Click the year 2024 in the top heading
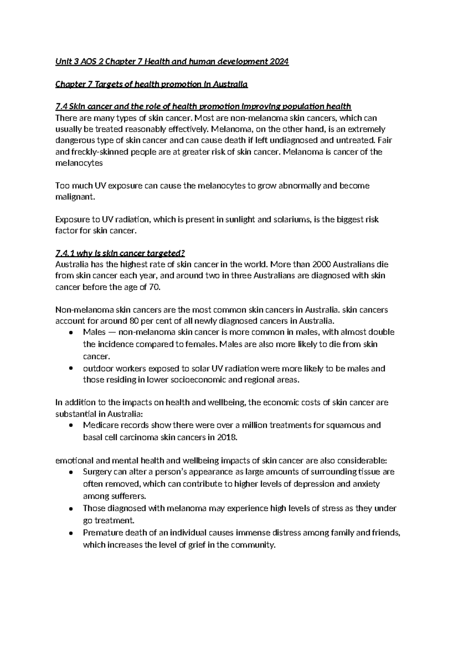(x=278, y=62)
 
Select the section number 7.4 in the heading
(x=61, y=106)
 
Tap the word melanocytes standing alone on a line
(x=79, y=163)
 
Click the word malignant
(x=74, y=197)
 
